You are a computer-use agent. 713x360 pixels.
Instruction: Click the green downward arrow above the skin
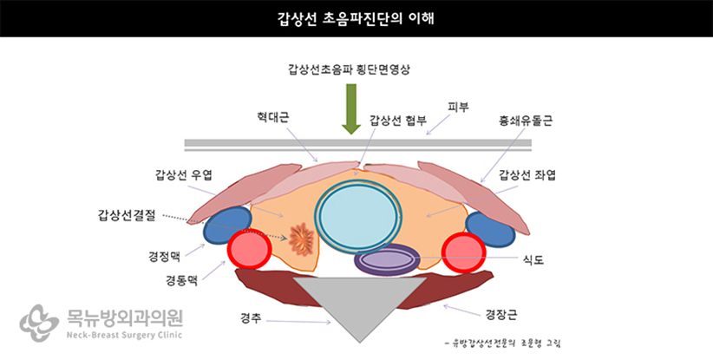[350, 109]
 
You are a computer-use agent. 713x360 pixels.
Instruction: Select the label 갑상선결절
[131, 213]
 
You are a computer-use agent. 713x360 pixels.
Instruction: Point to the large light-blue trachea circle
[359, 214]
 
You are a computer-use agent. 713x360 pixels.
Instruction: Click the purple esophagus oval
[387, 260]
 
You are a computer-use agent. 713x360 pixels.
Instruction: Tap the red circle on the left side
[247, 251]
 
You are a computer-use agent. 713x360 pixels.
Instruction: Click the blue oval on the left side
[227, 224]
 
